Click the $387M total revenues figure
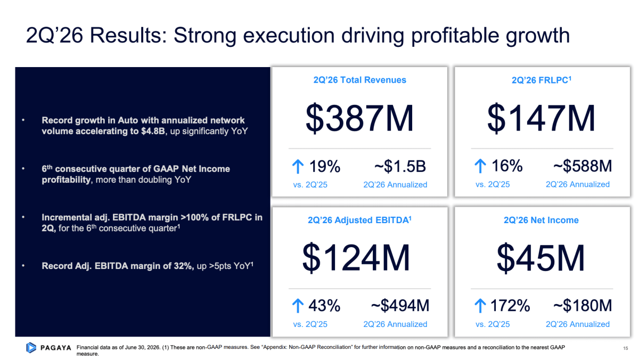tap(359, 119)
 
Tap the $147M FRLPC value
tap(541, 119)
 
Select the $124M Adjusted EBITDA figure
tap(356, 258)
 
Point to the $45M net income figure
tap(540, 258)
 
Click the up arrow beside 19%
tap(298, 166)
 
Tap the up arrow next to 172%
tap(480, 306)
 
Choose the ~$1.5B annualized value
tap(400, 166)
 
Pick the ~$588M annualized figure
tap(583, 166)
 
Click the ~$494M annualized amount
tap(400, 306)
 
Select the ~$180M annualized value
tap(583, 306)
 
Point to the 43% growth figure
tap(324, 306)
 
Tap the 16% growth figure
tap(507, 166)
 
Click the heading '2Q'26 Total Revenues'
tap(360, 80)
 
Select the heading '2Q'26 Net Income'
tap(541, 220)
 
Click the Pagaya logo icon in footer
tap(31, 347)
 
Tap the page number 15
tap(626, 348)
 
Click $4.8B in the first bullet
tap(153, 131)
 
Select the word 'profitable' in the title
tap(455, 36)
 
